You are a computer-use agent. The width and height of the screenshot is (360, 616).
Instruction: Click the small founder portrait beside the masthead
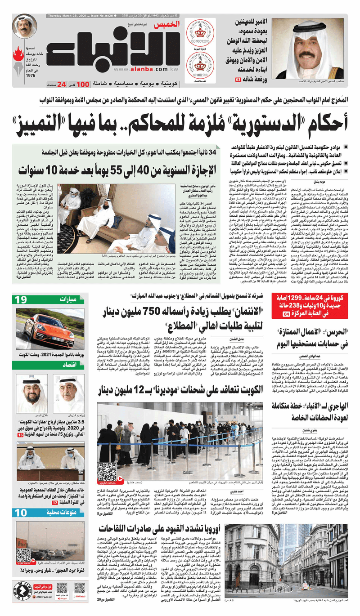pos(25,27)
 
